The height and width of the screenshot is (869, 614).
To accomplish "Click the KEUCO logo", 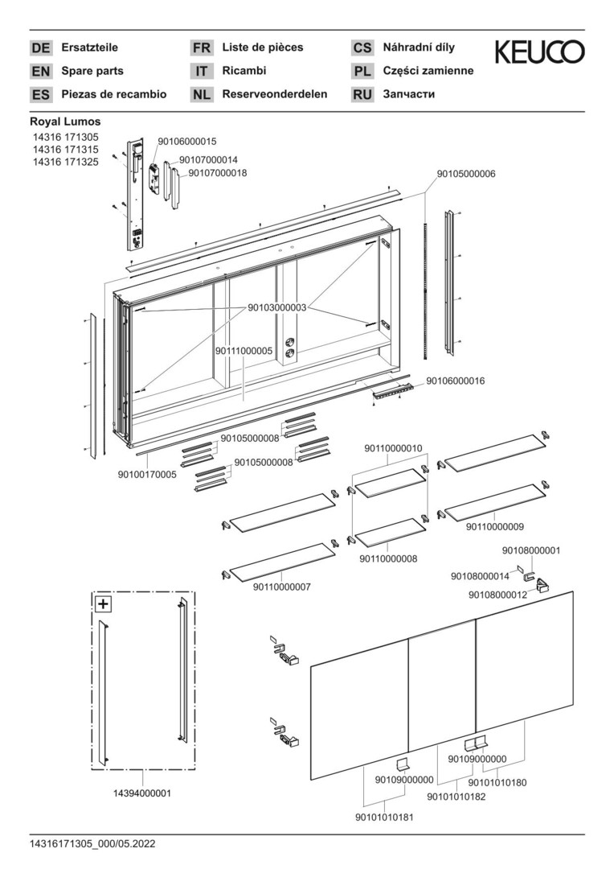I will tap(539, 52).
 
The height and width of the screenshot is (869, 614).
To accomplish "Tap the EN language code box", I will tap(40, 71).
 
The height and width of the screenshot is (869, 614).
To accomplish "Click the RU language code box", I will tap(362, 94).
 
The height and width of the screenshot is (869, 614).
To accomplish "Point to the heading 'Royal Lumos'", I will tap(65, 122).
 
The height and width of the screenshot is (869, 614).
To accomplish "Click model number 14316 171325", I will tap(65, 162).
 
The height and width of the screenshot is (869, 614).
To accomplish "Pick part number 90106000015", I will tap(182, 141).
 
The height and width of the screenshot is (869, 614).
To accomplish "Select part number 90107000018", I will tap(217, 173).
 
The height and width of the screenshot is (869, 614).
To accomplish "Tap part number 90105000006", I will tap(466, 174).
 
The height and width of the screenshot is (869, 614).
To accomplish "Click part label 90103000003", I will tap(277, 307).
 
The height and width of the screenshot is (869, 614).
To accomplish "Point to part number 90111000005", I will tap(244, 352).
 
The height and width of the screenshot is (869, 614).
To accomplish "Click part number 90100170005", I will tap(147, 475).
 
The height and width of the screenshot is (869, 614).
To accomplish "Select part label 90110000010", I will tap(393, 447).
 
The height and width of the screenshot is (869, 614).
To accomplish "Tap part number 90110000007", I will tap(282, 587).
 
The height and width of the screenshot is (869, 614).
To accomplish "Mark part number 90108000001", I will tap(531, 550).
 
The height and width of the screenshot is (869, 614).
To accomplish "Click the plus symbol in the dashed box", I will tap(103, 603).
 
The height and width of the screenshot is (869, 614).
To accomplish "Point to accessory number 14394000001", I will tap(142, 793).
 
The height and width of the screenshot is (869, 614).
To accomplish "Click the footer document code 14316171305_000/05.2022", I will tap(93, 844).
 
